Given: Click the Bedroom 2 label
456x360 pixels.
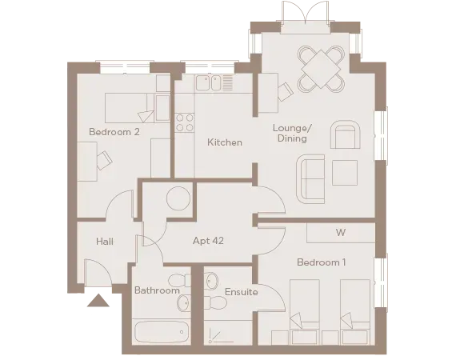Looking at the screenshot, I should (x=114, y=133).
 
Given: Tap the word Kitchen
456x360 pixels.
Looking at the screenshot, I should (x=224, y=142).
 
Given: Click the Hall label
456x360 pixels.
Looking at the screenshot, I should (x=104, y=241).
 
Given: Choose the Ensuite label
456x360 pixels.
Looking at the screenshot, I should (x=241, y=292).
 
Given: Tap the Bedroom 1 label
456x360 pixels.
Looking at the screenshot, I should (x=321, y=262).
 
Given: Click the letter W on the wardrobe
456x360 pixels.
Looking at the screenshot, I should (x=340, y=233).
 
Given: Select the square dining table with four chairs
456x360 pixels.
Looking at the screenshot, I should (x=319, y=69).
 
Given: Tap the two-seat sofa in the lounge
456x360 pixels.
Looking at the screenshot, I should (x=310, y=178).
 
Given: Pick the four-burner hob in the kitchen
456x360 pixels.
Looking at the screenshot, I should (x=185, y=122).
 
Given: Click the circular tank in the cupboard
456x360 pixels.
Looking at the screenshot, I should (x=178, y=198).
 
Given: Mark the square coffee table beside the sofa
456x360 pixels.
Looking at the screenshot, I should (x=345, y=173).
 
